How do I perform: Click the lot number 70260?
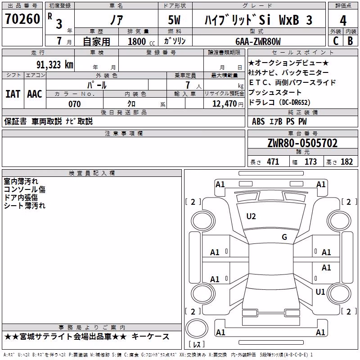tap(22, 18)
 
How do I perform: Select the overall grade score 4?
tap(343, 20)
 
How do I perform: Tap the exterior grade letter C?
tap(336, 41)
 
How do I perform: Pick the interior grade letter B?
tap(351, 41)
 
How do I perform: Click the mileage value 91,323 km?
tap(55, 65)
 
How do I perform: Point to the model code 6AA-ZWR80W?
tap(258, 41)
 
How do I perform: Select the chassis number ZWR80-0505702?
tap(302, 143)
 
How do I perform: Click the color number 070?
tap(75, 104)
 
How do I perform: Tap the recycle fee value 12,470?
tap(225, 103)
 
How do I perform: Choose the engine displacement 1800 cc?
tap(141, 41)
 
